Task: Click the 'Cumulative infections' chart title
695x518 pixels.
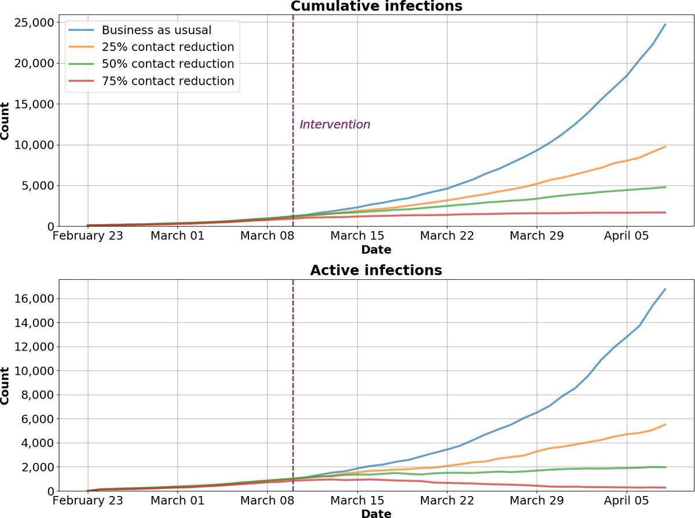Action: click(376, 6)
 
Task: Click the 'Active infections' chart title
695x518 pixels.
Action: click(376, 271)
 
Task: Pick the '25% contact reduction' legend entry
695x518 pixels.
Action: click(167, 47)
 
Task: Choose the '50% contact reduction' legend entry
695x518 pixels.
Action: click(167, 64)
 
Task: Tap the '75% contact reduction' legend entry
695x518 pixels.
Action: click(167, 81)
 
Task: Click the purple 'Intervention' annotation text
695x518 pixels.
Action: click(335, 125)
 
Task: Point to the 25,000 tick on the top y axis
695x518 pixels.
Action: click(34, 22)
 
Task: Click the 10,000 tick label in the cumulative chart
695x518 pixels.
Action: click(34, 145)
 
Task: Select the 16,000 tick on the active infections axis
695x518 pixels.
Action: click(34, 298)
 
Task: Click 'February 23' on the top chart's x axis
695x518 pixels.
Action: click(87, 236)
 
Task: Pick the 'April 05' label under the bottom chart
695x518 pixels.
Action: click(627, 500)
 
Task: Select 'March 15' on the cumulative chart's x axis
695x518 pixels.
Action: click(357, 236)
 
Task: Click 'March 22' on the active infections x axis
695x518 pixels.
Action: click(447, 500)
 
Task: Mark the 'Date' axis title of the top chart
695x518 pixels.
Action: click(376, 250)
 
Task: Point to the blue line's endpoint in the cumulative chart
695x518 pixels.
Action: click(665, 24)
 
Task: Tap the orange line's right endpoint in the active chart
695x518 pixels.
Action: click(665, 425)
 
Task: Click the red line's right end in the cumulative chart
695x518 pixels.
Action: click(665, 213)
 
